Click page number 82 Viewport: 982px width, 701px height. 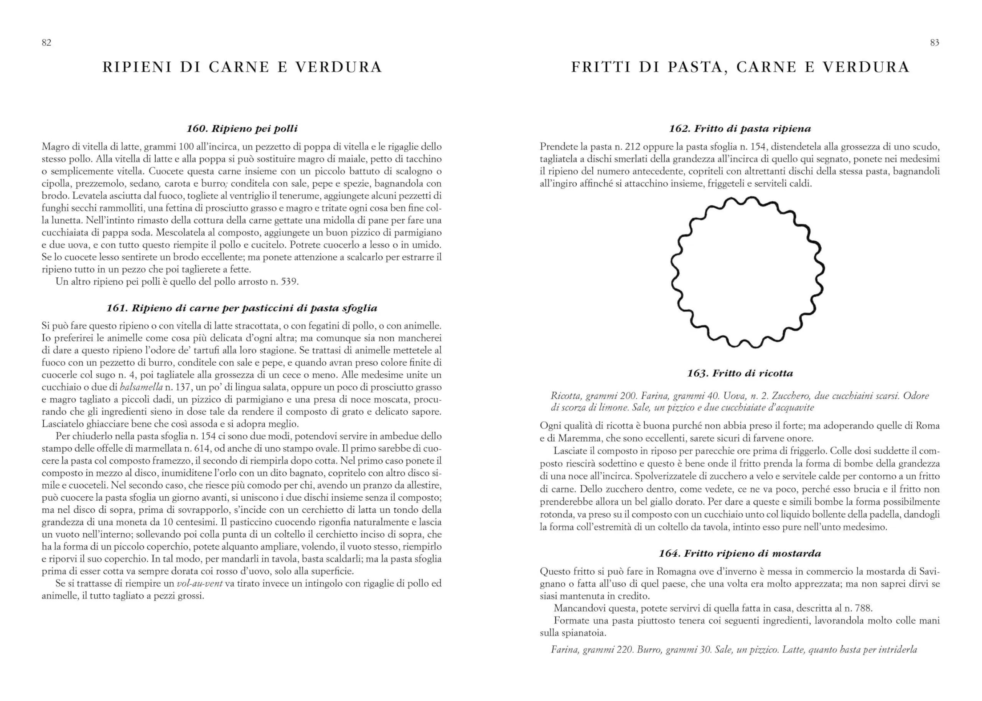click(x=46, y=42)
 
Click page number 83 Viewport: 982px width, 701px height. click(x=934, y=42)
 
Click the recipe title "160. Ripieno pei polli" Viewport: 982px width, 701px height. click(x=242, y=129)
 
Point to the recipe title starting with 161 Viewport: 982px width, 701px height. click(x=242, y=308)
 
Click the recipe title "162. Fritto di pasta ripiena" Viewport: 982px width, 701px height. click(x=740, y=129)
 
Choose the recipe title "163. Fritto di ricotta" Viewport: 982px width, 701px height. click(x=740, y=373)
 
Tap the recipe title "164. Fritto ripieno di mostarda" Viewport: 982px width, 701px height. click(x=740, y=553)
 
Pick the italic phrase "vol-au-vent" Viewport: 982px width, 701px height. click(x=200, y=584)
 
